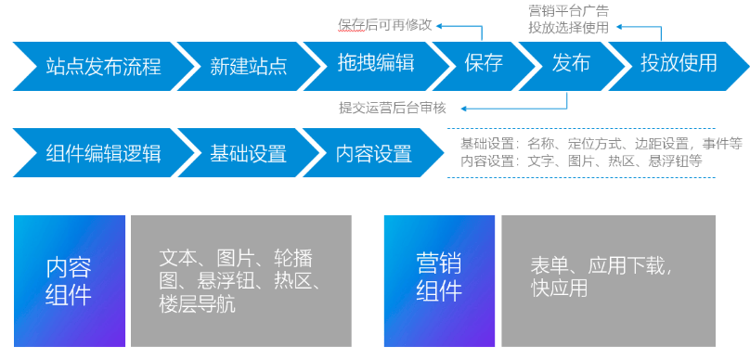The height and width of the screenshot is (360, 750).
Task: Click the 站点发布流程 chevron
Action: click(102, 64)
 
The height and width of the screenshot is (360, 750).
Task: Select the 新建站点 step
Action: click(248, 64)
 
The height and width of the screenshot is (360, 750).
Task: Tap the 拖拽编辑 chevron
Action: click(376, 64)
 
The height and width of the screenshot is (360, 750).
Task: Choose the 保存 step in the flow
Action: click(484, 64)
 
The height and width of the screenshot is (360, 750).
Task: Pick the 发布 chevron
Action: click(571, 64)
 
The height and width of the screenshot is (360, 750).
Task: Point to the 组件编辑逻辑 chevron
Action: click(102, 153)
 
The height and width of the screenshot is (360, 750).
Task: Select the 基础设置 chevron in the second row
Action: click(248, 153)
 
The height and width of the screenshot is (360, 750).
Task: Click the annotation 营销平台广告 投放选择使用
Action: click(568, 19)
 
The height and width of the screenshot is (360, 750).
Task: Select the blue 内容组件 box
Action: click(69, 280)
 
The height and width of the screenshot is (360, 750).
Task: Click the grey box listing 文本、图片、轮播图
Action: click(240, 280)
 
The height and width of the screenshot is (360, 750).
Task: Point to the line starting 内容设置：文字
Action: click(581, 161)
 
